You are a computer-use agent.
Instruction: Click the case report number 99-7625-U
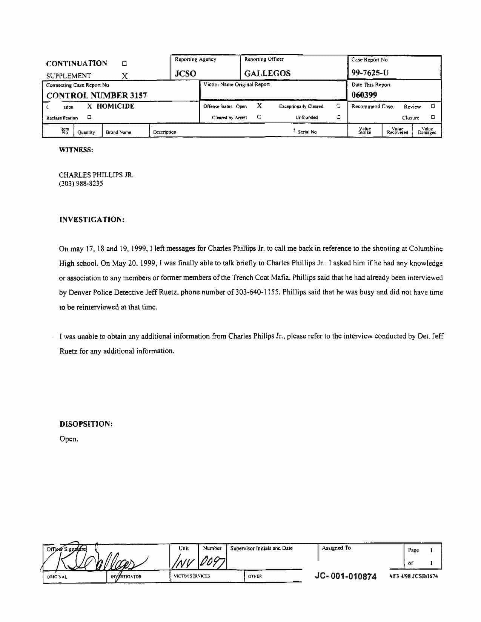coord(370,73)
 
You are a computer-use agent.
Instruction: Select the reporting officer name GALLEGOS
coord(267,74)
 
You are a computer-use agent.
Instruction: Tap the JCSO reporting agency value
coord(185,74)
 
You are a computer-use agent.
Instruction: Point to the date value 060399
coord(364,95)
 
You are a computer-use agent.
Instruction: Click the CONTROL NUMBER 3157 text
coord(97,95)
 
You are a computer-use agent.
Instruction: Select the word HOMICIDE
coord(115,106)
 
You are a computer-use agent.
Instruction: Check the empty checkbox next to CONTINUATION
coord(124,64)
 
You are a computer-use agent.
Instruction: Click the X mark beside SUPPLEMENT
coord(125,76)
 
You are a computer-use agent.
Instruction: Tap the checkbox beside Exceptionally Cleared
coord(338,106)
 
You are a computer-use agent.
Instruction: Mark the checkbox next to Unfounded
coord(338,117)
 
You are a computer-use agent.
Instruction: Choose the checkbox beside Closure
coord(433,117)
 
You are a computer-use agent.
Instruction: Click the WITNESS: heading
coord(76,150)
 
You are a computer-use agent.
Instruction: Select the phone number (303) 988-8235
coord(81,184)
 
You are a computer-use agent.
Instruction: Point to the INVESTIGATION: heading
coord(92,220)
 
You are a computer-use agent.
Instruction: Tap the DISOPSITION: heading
coord(86,424)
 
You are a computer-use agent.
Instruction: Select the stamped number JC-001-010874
coord(346,576)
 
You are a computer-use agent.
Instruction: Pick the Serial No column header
coord(307,132)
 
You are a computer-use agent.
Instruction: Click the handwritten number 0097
coord(212,563)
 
